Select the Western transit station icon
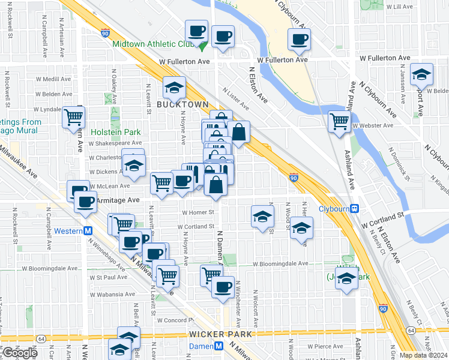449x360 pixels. pyautogui.click(x=88, y=231)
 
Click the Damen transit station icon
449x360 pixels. pyautogui.click(x=219, y=347)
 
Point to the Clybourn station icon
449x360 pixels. pyautogui.click(x=355, y=209)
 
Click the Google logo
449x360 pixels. pyautogui.click(x=19, y=352)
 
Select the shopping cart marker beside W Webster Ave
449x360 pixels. pyautogui.click(x=339, y=121)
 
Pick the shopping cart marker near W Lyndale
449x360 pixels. pyautogui.click(x=73, y=116)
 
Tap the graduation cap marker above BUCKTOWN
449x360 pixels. pyautogui.click(x=174, y=88)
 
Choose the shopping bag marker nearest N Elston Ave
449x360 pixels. pyautogui.click(x=238, y=131)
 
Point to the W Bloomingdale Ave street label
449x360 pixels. pyautogui.click(x=280, y=264)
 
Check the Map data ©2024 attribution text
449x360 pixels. pyautogui.click(x=424, y=355)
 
